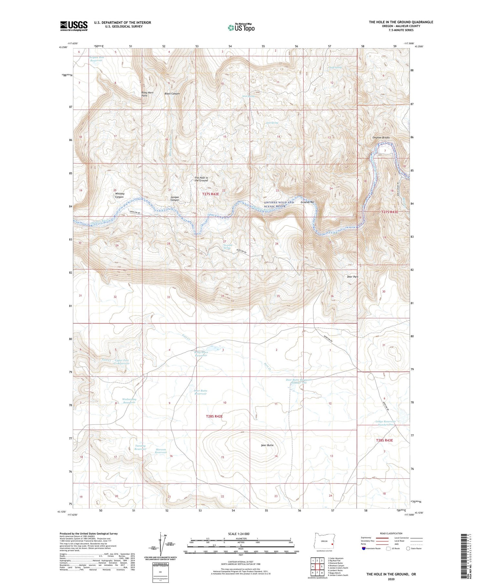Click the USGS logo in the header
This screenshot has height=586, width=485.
tap(73, 26)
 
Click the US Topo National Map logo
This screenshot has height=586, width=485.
tap(241, 27)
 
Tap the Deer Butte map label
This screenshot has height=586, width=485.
tap(267, 445)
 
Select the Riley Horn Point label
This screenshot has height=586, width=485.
tap(147, 94)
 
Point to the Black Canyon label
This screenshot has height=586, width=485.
tap(172, 94)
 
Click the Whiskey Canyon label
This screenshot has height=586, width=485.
tap(119, 195)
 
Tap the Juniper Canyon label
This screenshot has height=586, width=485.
tap(175, 198)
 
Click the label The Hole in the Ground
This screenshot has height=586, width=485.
tap(201, 179)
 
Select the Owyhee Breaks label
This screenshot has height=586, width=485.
tap(381, 138)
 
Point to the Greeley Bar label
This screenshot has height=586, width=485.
tap(307, 202)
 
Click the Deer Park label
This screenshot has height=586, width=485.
tap(352, 277)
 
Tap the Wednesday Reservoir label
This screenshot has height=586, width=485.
tap(129, 401)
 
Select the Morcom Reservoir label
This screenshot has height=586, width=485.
tap(161, 451)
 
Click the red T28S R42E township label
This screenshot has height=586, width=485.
tap(214, 416)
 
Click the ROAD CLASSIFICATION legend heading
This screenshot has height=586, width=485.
tap(391, 533)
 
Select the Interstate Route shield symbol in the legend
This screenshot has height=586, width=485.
tap(364, 549)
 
